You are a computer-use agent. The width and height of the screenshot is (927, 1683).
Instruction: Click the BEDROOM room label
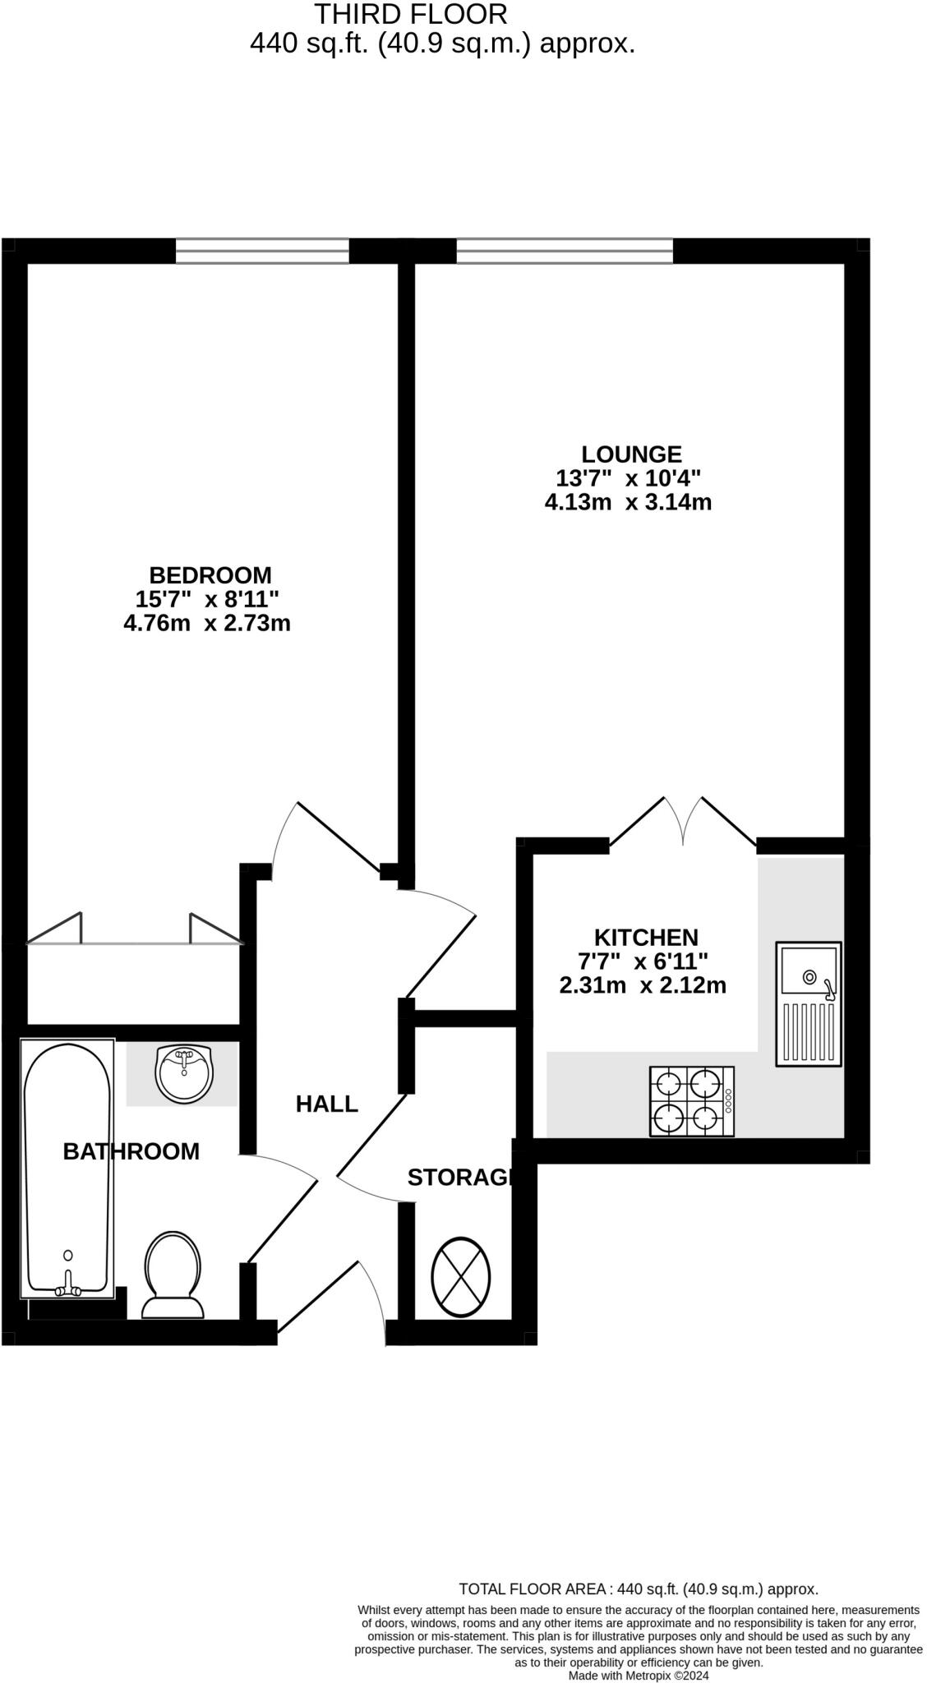coord(210,575)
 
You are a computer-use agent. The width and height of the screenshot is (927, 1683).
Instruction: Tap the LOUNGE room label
coord(631,454)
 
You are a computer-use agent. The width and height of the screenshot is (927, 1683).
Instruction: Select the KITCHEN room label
coord(646,937)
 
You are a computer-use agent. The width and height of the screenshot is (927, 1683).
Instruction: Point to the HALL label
coord(327,1104)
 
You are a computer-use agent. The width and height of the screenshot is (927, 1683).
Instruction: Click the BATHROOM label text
coord(131,1151)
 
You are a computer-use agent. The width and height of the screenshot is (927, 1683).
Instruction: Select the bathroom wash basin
coord(184,1073)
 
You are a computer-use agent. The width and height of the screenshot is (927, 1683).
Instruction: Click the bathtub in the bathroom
coord(67,1168)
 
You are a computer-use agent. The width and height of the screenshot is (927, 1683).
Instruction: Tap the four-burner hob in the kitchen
coord(691,1101)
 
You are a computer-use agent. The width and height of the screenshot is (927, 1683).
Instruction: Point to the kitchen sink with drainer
coord(809,1003)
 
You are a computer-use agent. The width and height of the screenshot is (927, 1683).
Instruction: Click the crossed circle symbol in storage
coord(460,1276)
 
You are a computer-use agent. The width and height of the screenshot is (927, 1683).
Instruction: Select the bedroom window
coord(262,251)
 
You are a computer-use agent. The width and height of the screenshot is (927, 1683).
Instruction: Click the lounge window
coord(565,251)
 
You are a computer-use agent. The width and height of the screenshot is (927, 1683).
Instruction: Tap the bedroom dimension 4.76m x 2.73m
coord(207,623)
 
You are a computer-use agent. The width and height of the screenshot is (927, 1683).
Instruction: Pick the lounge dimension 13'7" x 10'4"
coord(628,477)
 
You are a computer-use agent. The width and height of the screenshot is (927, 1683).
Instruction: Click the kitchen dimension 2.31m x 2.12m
coord(643,984)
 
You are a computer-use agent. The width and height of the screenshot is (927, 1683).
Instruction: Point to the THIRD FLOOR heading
coord(411,14)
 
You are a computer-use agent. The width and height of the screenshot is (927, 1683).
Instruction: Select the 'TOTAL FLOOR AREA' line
coord(638,1589)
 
